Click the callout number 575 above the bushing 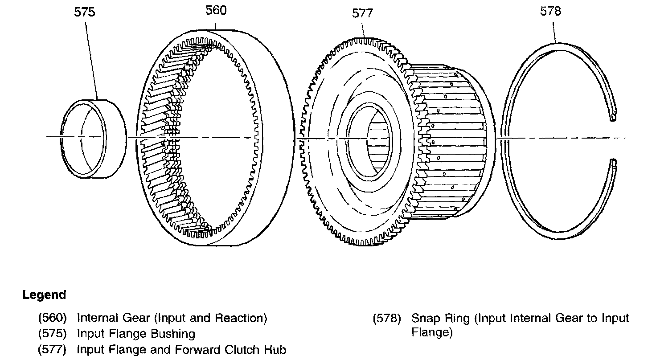pyautogui.click(x=84, y=12)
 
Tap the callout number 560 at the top pyautogui.click(x=216, y=10)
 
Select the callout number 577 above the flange pyautogui.click(x=362, y=13)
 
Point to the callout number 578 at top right pyautogui.click(x=550, y=11)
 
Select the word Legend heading pyautogui.click(x=44, y=295)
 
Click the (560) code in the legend pyautogui.click(x=53, y=318)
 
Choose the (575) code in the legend pyautogui.click(x=53, y=334)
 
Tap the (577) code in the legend pyautogui.click(x=53, y=350)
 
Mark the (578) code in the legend pyautogui.click(x=387, y=319)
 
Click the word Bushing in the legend pyautogui.click(x=173, y=334)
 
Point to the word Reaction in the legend pyautogui.click(x=238, y=318)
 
